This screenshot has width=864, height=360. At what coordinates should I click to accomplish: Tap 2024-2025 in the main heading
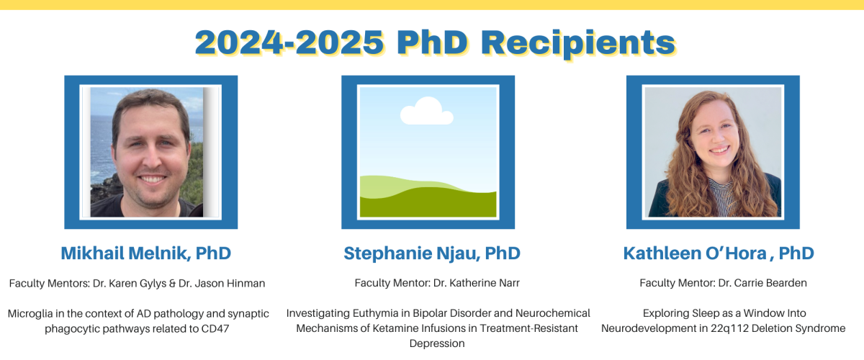point(289,42)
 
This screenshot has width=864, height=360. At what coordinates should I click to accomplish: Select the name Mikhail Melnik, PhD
point(145,253)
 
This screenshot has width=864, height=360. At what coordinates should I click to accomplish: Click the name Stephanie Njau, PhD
point(432,253)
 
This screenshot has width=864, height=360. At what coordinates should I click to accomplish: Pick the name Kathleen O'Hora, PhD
point(719,253)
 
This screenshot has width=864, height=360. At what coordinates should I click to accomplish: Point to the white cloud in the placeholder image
point(426,111)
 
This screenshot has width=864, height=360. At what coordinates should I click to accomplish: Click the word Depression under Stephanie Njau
point(437,343)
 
